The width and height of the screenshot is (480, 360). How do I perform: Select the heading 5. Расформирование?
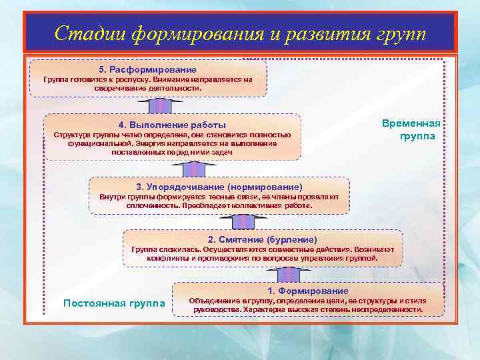point(147,69)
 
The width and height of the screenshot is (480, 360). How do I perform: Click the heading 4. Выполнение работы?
point(172,125)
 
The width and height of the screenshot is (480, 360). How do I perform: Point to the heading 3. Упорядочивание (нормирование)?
point(219,187)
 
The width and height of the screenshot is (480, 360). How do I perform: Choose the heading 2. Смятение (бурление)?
point(263,239)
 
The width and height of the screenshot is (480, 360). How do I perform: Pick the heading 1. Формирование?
point(307,291)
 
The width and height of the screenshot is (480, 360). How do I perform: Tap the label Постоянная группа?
point(114,303)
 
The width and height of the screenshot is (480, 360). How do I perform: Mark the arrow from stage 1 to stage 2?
point(288,274)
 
